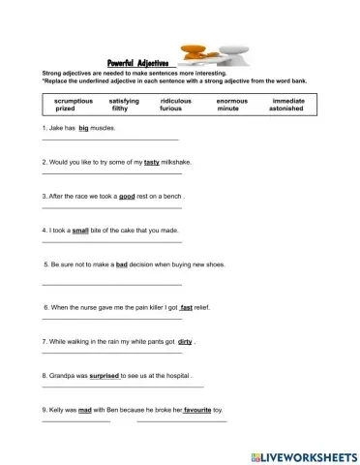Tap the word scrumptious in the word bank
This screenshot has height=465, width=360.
coord(75,101)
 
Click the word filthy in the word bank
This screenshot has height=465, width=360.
coord(126,109)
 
